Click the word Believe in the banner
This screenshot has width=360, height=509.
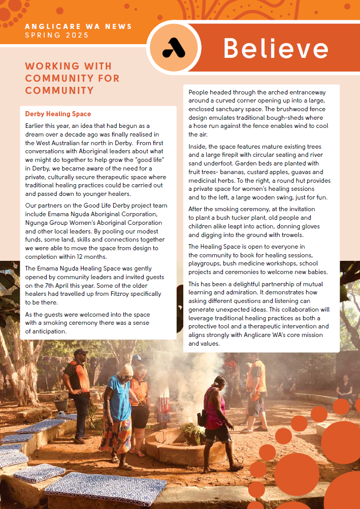pyautogui.click(x=275, y=49)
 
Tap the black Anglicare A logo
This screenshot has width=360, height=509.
pyautogui.click(x=174, y=48)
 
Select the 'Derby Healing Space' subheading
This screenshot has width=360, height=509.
pyautogui.click(x=58, y=114)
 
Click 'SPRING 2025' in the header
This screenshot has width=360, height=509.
pyautogui.click(x=56, y=35)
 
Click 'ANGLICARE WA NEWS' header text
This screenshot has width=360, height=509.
pyautogui.click(x=78, y=26)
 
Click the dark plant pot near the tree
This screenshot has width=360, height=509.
pyautogui.click(x=61, y=404)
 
